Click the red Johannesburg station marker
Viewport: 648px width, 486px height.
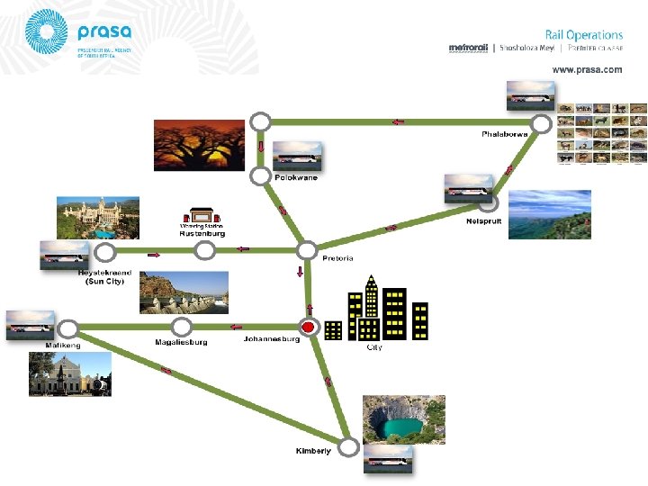[309, 327]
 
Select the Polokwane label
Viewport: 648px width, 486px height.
[296, 178]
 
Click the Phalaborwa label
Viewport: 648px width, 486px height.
[503, 134]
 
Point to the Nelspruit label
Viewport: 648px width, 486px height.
[483, 220]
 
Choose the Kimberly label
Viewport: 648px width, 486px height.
[313, 451]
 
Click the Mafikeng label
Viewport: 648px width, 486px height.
[63, 345]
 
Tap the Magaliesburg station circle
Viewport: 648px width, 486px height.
[182, 327]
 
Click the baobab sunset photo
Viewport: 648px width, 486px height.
[199, 146]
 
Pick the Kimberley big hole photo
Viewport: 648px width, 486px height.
[403, 419]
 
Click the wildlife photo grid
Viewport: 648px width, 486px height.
[601, 135]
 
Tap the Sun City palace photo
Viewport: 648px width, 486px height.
[98, 219]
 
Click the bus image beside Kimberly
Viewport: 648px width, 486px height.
[389, 461]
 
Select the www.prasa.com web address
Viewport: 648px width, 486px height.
[587, 69]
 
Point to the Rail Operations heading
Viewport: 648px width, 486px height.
[583, 35]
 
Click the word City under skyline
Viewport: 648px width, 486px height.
[374, 347]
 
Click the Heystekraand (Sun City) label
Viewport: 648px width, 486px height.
[105, 276]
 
